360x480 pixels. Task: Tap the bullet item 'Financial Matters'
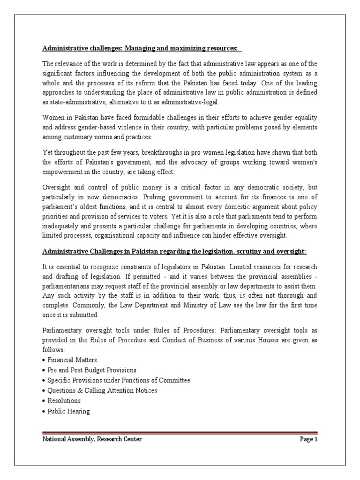pyautogui.click(x=72, y=360)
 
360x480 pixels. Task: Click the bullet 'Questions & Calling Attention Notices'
pyautogui.click(x=102, y=390)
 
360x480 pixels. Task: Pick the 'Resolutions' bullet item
pyautogui.click(x=64, y=401)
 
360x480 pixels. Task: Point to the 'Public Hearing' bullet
pyautogui.click(x=68, y=411)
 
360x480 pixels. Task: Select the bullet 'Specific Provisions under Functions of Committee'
pyautogui.click(x=119, y=380)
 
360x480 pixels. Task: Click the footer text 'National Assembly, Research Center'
pyautogui.click(x=92, y=439)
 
